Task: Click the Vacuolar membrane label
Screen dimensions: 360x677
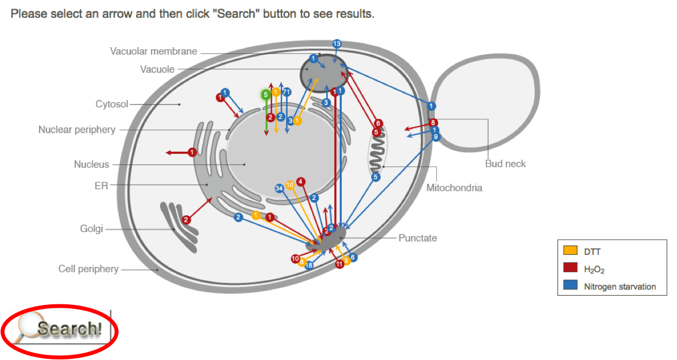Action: click(153, 52)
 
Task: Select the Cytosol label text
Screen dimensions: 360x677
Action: click(111, 104)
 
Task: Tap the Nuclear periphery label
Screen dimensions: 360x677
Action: click(76, 130)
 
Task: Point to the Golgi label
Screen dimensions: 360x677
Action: click(91, 229)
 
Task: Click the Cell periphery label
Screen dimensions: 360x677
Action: click(88, 269)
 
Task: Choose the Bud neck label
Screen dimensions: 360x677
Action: click(505, 164)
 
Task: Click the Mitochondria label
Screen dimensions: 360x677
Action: click(454, 188)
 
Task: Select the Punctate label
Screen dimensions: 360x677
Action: click(417, 238)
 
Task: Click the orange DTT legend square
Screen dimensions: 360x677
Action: click(570, 251)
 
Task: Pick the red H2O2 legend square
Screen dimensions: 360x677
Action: click(570, 268)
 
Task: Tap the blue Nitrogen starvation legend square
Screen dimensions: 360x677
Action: click(570, 286)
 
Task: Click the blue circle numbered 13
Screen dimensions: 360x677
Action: click(337, 44)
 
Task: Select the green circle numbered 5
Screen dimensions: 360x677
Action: click(265, 94)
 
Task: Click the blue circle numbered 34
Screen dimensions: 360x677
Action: click(279, 188)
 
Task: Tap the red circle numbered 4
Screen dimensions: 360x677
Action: click(300, 182)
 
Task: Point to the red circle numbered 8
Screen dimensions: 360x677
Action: click(434, 122)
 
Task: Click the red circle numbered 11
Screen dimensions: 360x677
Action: click(339, 264)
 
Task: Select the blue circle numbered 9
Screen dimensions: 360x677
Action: click(436, 137)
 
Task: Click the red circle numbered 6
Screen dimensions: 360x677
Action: click(378, 123)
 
